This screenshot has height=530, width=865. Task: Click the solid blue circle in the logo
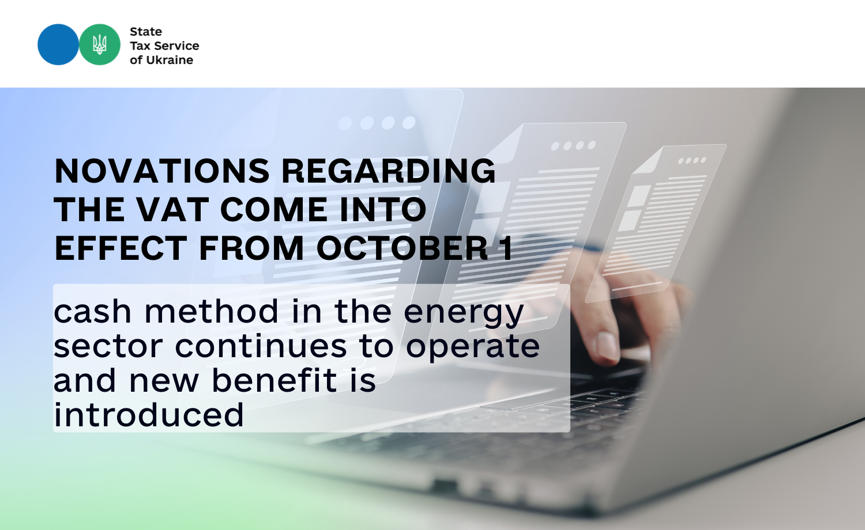(x=58, y=44)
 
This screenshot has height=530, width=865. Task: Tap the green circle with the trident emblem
(x=100, y=44)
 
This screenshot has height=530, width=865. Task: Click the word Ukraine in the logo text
(x=170, y=60)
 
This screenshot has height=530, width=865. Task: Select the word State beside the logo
(x=145, y=32)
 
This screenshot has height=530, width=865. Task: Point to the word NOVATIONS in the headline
(x=162, y=171)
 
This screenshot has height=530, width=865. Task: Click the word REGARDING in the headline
(x=388, y=171)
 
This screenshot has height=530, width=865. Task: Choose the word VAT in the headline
(x=172, y=209)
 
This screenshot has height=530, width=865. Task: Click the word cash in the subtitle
(x=92, y=311)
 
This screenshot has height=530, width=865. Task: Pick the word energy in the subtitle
(x=464, y=314)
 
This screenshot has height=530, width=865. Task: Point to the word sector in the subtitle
(x=108, y=346)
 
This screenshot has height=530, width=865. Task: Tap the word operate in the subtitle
(x=473, y=348)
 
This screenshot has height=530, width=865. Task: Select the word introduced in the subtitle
(x=149, y=415)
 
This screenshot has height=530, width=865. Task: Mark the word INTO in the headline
(x=383, y=209)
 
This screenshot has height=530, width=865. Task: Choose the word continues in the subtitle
(x=261, y=346)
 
